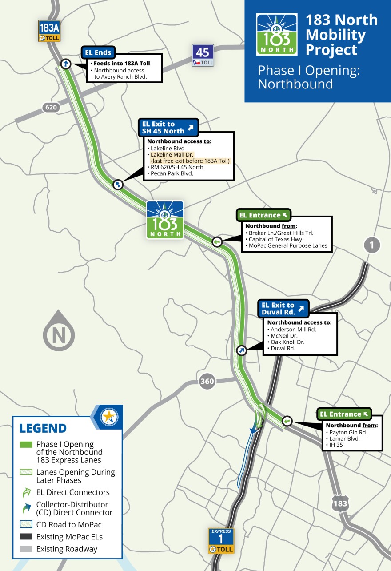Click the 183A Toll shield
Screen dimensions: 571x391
(49, 31)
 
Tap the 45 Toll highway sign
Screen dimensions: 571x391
(203, 55)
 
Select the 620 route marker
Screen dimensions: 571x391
(51, 107)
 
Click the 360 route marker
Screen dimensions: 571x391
(207, 381)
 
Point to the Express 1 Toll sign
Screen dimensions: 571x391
(221, 541)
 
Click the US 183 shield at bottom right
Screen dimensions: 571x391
(340, 503)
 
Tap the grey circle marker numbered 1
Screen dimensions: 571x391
(372, 245)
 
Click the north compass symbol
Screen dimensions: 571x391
(59, 331)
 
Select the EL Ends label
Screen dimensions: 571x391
(98, 53)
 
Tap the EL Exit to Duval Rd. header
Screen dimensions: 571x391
(283, 309)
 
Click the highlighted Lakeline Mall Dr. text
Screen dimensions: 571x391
(169, 154)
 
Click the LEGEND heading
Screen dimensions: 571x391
(43, 428)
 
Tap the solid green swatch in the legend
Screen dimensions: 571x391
(26, 444)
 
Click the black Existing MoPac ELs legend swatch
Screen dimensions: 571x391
(26, 537)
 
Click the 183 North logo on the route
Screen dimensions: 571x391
(165, 220)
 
